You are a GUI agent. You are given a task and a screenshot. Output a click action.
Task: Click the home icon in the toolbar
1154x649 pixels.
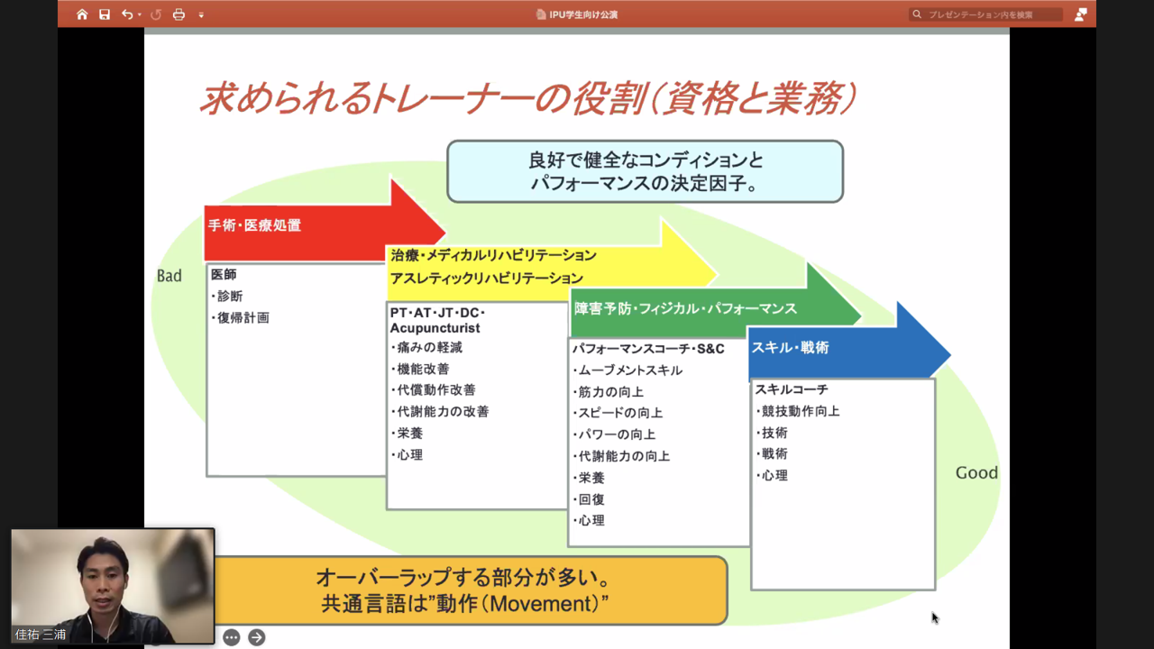82,14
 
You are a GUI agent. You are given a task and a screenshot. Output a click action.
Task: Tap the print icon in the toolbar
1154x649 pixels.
179,14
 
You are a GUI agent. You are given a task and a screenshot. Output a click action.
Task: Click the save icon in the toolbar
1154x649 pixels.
105,14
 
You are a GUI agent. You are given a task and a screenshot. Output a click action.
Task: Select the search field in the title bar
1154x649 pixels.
987,14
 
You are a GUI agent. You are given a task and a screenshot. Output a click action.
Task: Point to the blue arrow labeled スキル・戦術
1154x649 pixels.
838,348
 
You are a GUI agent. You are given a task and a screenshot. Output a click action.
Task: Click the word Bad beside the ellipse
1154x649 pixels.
169,276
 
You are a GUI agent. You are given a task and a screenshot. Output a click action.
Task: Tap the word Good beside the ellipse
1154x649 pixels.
976,473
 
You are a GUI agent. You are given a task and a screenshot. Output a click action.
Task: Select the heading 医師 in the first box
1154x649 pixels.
224,275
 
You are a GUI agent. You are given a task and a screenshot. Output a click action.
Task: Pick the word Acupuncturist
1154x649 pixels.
435,328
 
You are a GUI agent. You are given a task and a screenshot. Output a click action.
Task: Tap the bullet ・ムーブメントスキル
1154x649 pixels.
627,370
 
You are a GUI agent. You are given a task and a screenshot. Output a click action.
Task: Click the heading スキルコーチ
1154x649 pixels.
792,389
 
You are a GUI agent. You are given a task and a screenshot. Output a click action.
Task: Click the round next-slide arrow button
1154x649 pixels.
257,637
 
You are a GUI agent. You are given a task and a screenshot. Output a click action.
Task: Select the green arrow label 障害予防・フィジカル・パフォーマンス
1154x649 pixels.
686,308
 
